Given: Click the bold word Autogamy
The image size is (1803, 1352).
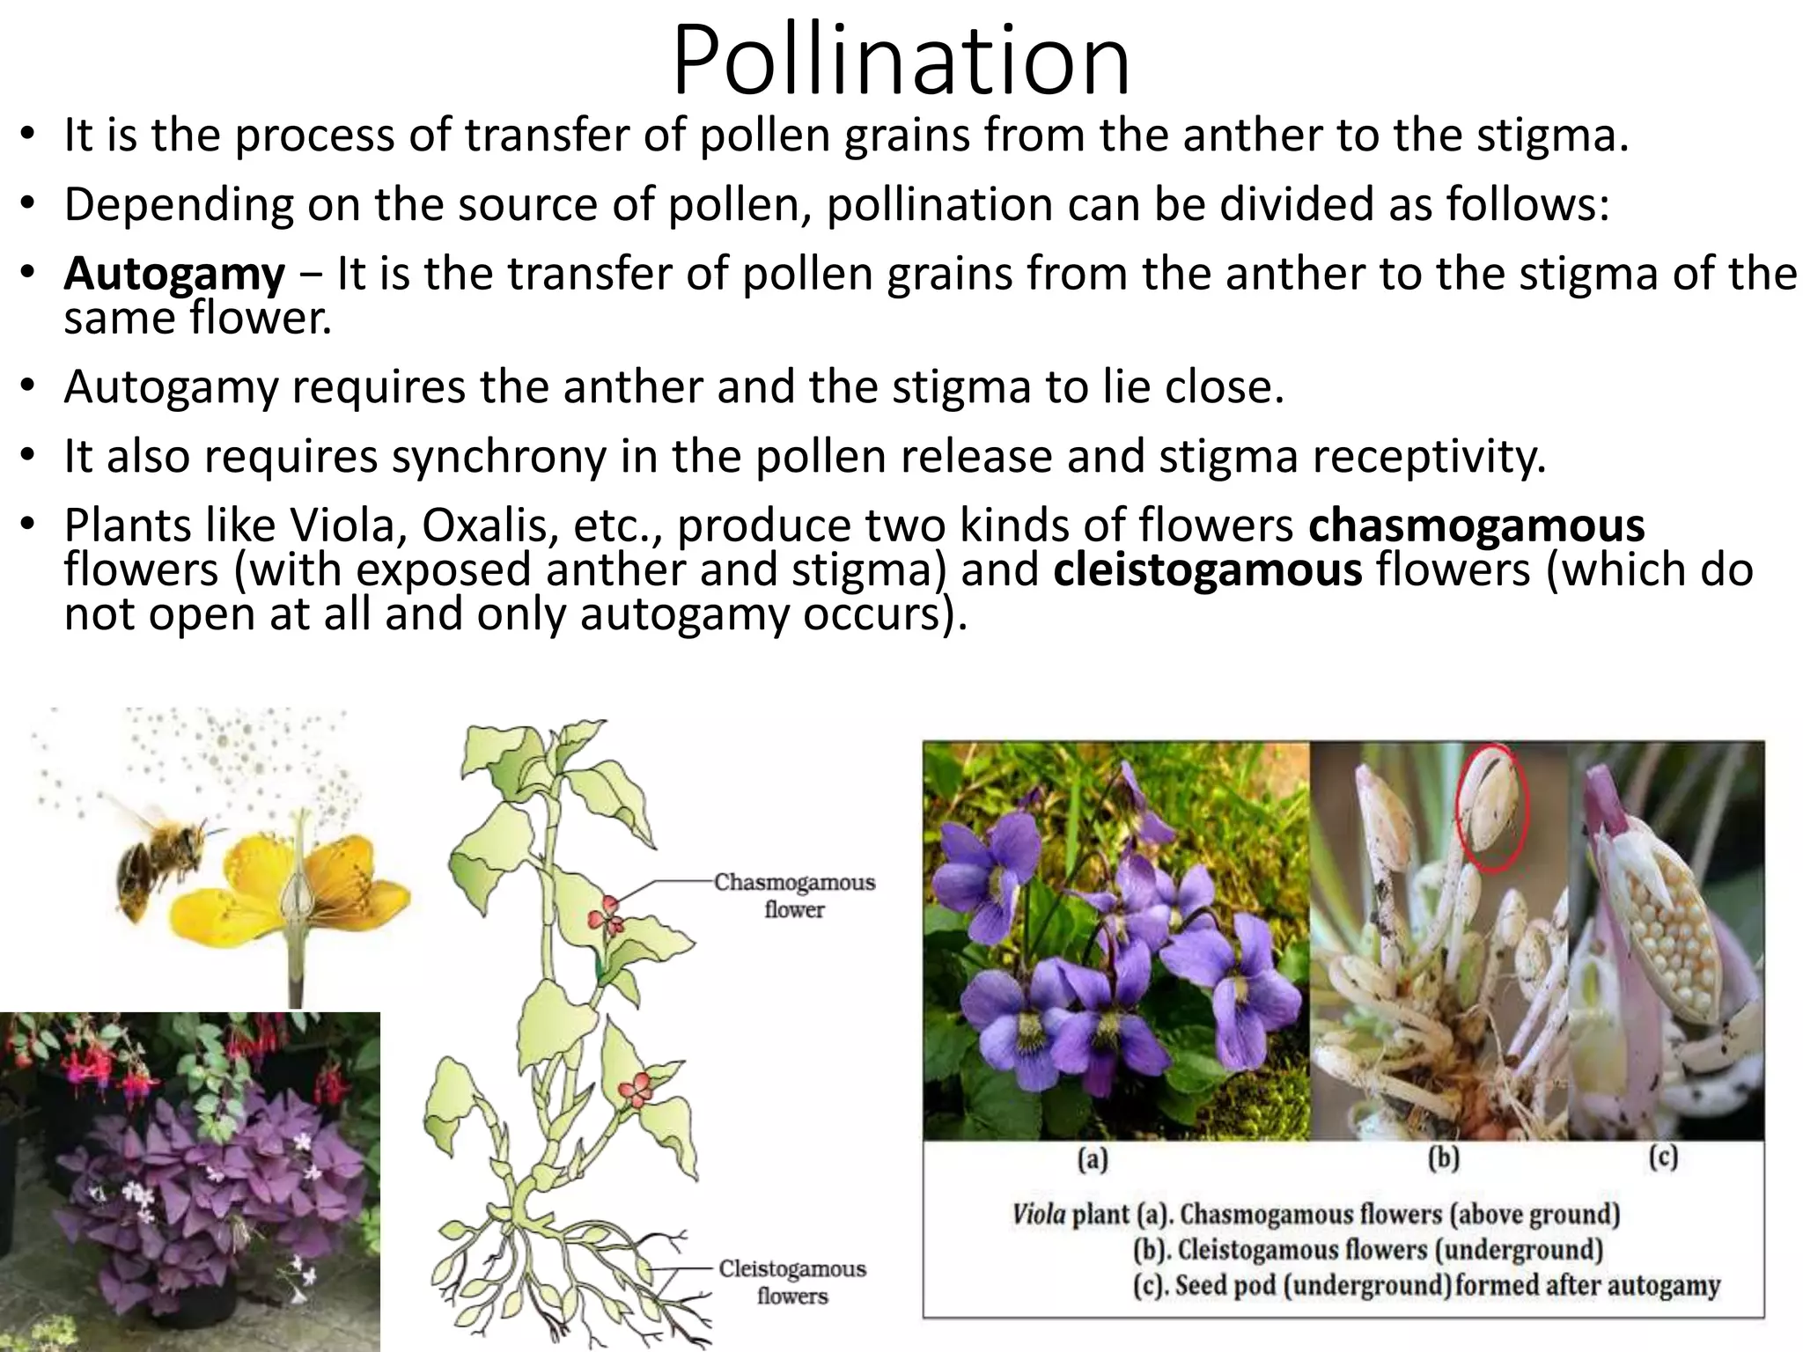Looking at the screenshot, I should coord(174,274).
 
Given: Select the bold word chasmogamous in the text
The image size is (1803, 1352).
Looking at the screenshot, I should coord(1476,525).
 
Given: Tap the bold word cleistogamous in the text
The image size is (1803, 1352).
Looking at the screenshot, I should coord(1207,569).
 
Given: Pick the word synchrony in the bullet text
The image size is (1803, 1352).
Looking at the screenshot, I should coord(499,456).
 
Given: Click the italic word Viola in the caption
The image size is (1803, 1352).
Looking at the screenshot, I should coord(1039,1215).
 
